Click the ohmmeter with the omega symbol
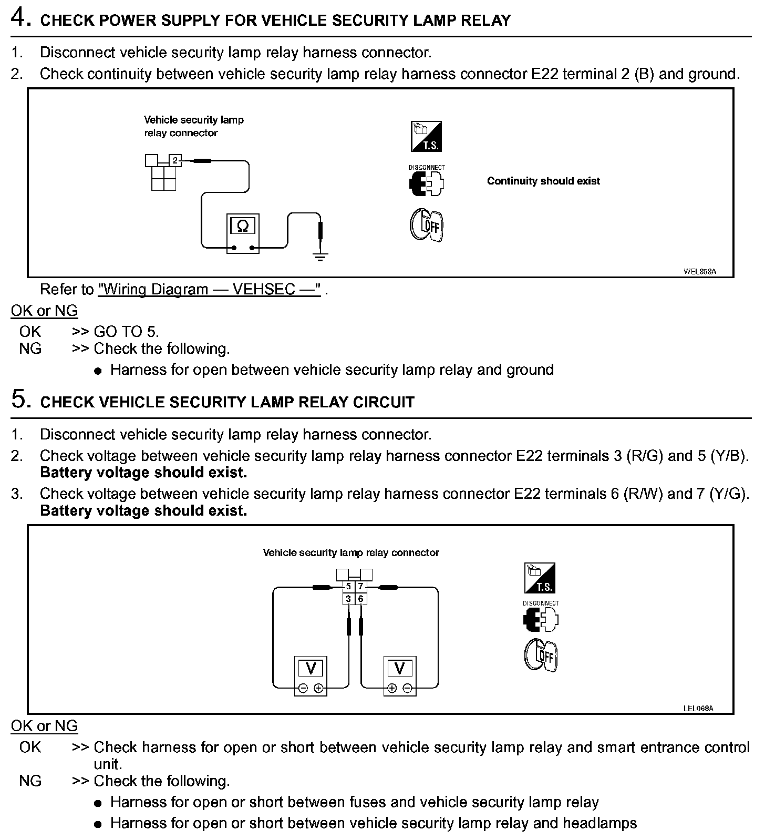click(243, 233)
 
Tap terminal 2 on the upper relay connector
click(175, 160)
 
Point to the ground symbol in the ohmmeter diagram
click(321, 257)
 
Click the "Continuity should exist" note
click(543, 181)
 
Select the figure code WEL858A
click(699, 272)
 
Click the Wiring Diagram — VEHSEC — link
click(209, 290)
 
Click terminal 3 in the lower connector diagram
click(348, 599)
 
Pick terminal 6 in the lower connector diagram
click(361, 599)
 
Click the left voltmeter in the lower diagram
click(311, 675)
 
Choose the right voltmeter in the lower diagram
click(400, 675)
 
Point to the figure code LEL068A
click(698, 708)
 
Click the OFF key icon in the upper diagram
click(426, 226)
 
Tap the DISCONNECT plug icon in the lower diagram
click(541, 619)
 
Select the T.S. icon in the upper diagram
click(426, 137)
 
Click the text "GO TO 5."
click(126, 332)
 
